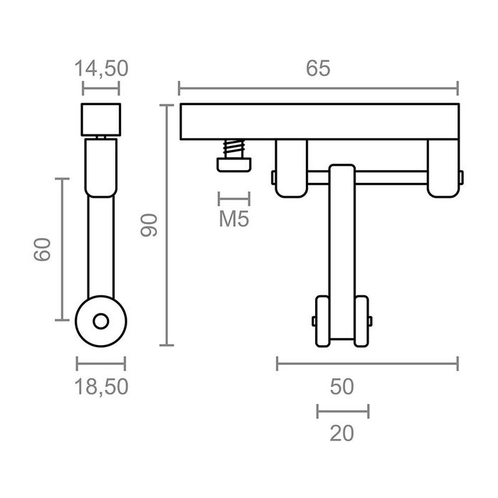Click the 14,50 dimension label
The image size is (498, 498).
(x=101, y=68)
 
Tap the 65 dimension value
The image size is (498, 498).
(x=318, y=68)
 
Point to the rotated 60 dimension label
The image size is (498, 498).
(x=43, y=250)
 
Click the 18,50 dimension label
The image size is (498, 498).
(x=101, y=386)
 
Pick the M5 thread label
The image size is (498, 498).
(x=233, y=219)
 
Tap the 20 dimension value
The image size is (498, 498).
(x=342, y=433)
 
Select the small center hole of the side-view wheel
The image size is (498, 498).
(x=101, y=322)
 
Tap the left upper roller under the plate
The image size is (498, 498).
(x=291, y=168)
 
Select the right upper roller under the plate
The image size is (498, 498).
(x=443, y=168)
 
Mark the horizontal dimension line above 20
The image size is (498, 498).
(x=343, y=410)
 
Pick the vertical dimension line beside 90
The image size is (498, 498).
(x=166, y=225)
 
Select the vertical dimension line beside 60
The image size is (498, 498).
(x=62, y=250)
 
